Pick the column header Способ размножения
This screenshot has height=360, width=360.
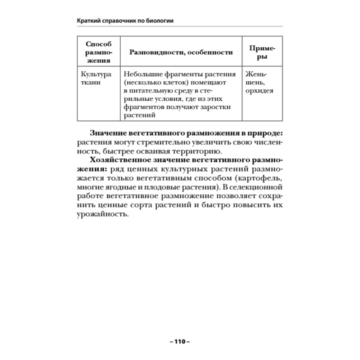tap(98, 52)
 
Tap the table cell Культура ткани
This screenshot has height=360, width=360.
tap(96, 78)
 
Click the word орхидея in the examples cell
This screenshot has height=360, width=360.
tap(259, 91)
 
